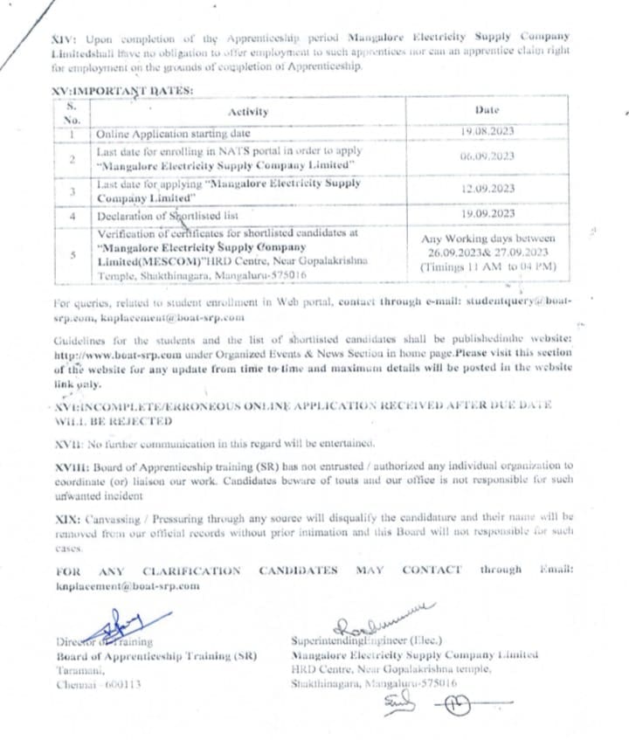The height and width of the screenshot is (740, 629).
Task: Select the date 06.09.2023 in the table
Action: pyautogui.click(x=487, y=157)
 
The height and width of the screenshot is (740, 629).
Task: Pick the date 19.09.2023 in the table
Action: pyautogui.click(x=487, y=214)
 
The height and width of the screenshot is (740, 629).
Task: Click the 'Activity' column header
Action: pyautogui.click(x=248, y=112)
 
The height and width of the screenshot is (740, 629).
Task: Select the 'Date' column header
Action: pyautogui.click(x=487, y=111)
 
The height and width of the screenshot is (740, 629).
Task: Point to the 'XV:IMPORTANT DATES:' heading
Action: pyautogui.click(x=120, y=91)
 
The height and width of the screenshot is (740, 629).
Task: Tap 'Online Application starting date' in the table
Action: pyautogui.click(x=173, y=134)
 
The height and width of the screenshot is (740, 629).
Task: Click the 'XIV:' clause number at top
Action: pyautogui.click(x=65, y=36)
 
